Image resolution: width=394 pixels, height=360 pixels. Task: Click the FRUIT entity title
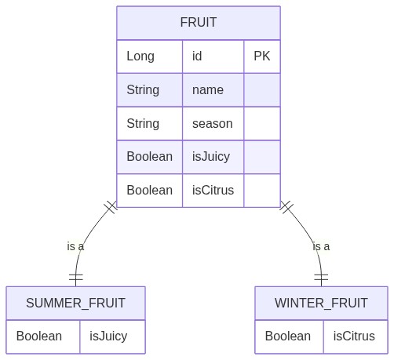pyautogui.click(x=199, y=22)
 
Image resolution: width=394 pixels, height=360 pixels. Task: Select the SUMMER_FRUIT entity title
pyautogui.click(x=75, y=303)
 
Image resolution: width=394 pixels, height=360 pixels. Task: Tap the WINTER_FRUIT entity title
pyautogui.click(x=321, y=303)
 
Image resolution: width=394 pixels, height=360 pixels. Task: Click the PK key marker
pyautogui.click(x=262, y=56)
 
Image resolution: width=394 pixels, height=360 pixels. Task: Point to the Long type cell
pyautogui.click(x=140, y=56)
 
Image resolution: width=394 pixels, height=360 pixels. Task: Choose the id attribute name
pyautogui.click(x=197, y=56)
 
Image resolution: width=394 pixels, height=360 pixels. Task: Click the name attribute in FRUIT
pyautogui.click(x=208, y=90)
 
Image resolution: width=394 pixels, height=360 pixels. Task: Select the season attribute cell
pyautogui.click(x=213, y=124)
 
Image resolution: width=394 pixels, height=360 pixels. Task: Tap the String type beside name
pyautogui.click(x=143, y=90)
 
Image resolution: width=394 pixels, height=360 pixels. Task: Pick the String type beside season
pyautogui.click(x=143, y=124)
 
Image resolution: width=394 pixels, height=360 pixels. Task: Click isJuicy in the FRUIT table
pyautogui.click(x=211, y=157)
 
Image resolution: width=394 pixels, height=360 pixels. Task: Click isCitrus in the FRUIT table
pyautogui.click(x=213, y=191)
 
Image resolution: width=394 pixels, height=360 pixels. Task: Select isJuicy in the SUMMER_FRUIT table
pyautogui.click(x=108, y=336)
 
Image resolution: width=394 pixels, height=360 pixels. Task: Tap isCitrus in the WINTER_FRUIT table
pyautogui.click(x=354, y=336)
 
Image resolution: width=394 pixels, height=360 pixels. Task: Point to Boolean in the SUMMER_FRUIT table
pyautogui.click(x=39, y=336)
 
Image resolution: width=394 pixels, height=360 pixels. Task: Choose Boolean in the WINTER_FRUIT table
pyautogui.click(x=288, y=336)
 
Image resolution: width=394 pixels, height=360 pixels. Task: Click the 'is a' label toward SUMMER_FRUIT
pyautogui.click(x=75, y=246)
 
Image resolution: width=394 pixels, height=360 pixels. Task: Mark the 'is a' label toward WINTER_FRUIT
pyautogui.click(x=321, y=246)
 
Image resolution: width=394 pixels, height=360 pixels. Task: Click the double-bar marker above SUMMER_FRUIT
pyautogui.click(x=76, y=277)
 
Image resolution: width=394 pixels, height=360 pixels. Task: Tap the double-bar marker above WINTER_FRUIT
pyautogui.click(x=321, y=277)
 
